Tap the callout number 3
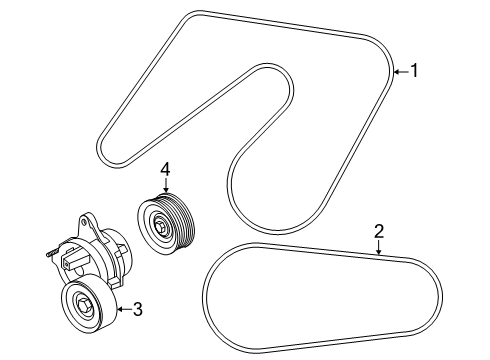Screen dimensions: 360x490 click(x=137, y=309)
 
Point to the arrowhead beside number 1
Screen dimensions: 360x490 click(x=397, y=71)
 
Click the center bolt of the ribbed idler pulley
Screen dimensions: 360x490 click(x=161, y=232)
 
